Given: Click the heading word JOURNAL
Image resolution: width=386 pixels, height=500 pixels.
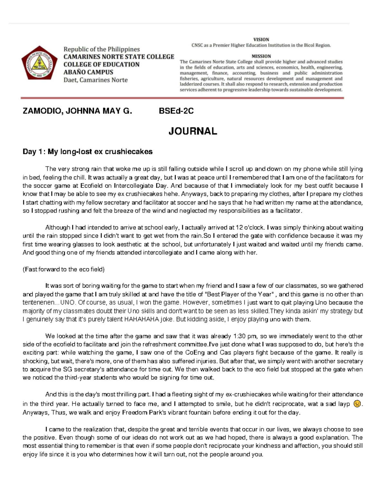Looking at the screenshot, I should (193, 131).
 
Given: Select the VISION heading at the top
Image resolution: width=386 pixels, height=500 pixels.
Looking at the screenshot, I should (261, 40).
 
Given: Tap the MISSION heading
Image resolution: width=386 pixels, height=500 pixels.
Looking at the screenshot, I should (261, 56).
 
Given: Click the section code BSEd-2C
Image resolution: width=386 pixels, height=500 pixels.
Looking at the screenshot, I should (176, 111).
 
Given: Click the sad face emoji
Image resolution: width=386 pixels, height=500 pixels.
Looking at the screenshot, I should (356, 404).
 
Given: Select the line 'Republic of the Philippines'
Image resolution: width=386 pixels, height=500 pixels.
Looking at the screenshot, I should (101, 49).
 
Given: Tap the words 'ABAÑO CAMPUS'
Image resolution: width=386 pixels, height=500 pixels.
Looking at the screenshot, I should (88, 72).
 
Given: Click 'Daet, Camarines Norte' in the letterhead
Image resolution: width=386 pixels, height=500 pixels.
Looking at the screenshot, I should (95, 80).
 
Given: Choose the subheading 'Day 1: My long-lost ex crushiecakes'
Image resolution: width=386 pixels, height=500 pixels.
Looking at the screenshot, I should (87, 152).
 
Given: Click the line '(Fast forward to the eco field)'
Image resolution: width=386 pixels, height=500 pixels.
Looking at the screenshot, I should (63, 269).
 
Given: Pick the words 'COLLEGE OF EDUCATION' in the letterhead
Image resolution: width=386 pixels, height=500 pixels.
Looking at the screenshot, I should (101, 64).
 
